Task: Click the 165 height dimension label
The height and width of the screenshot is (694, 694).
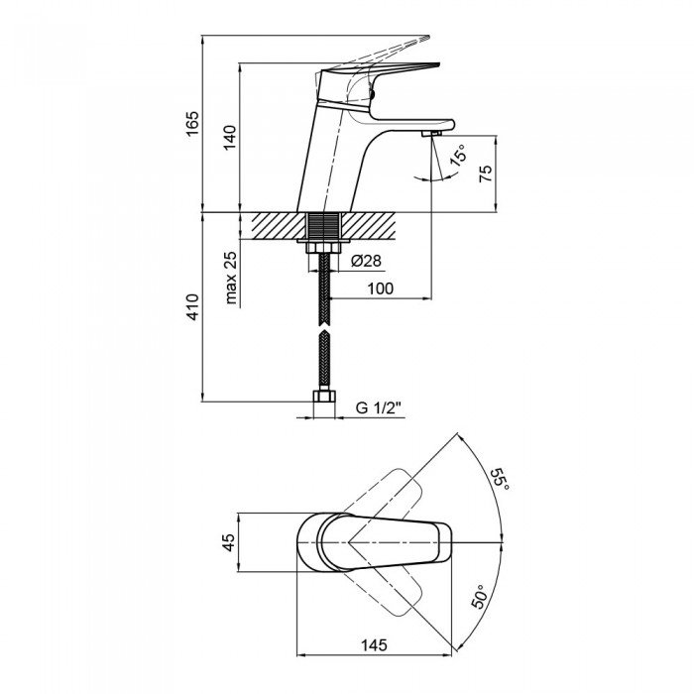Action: coord(192,124)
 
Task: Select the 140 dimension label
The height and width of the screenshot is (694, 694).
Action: coord(229,138)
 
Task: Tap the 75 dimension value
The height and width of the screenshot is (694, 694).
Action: coord(486,173)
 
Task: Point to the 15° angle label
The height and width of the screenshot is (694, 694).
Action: coord(458,155)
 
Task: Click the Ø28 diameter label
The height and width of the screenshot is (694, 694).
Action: coord(366,261)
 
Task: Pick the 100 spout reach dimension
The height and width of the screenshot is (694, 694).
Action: coord(380,289)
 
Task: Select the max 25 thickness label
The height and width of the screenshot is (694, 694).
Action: coord(231,278)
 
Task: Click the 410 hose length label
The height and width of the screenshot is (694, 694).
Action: coord(192,306)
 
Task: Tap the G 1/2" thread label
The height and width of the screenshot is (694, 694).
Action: coord(379,407)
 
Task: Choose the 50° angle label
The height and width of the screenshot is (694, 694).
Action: coord(479,596)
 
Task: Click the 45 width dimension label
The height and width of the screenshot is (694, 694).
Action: coord(228,542)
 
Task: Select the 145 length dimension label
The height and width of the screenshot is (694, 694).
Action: coord(374,644)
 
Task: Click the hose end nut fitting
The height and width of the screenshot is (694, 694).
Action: coord(324,397)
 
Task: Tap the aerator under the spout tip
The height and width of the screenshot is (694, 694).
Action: coord(431,133)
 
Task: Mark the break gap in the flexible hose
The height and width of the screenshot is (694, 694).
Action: coord(324,328)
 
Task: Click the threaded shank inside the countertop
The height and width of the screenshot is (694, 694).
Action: coord(324,226)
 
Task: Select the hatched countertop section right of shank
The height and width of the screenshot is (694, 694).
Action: coord(368,226)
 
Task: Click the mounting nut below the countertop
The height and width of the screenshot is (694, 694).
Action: coord(323,247)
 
